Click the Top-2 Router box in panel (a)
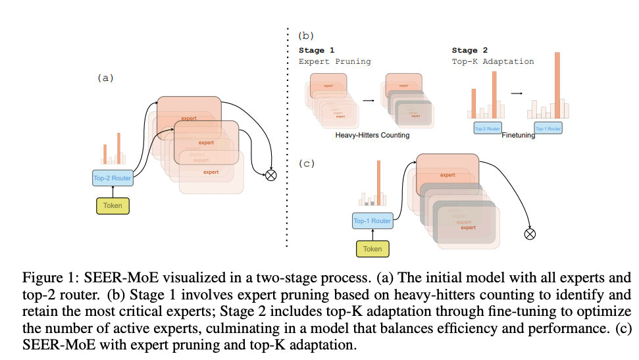click(113, 178)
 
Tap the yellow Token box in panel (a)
click(113, 206)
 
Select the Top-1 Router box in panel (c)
click(372, 221)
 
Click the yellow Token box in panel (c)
click(372, 249)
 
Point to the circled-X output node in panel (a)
click(270, 175)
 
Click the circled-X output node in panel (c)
click(530, 234)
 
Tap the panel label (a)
click(105, 77)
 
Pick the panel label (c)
click(306, 163)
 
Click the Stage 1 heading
click(317, 50)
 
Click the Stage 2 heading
click(469, 50)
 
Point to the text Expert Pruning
click(335, 61)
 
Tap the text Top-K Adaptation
click(493, 61)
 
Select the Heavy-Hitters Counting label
click(372, 135)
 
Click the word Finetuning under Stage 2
click(519, 136)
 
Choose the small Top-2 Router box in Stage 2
click(488, 128)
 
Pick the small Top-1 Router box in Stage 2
click(548, 128)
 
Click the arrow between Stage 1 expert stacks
click(369, 101)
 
